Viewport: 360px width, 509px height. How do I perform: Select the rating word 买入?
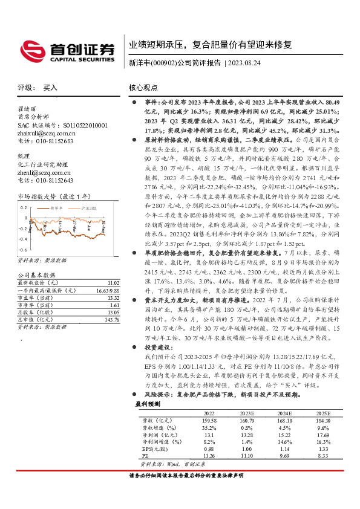point(51,88)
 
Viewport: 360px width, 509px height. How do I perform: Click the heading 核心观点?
point(144,88)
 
